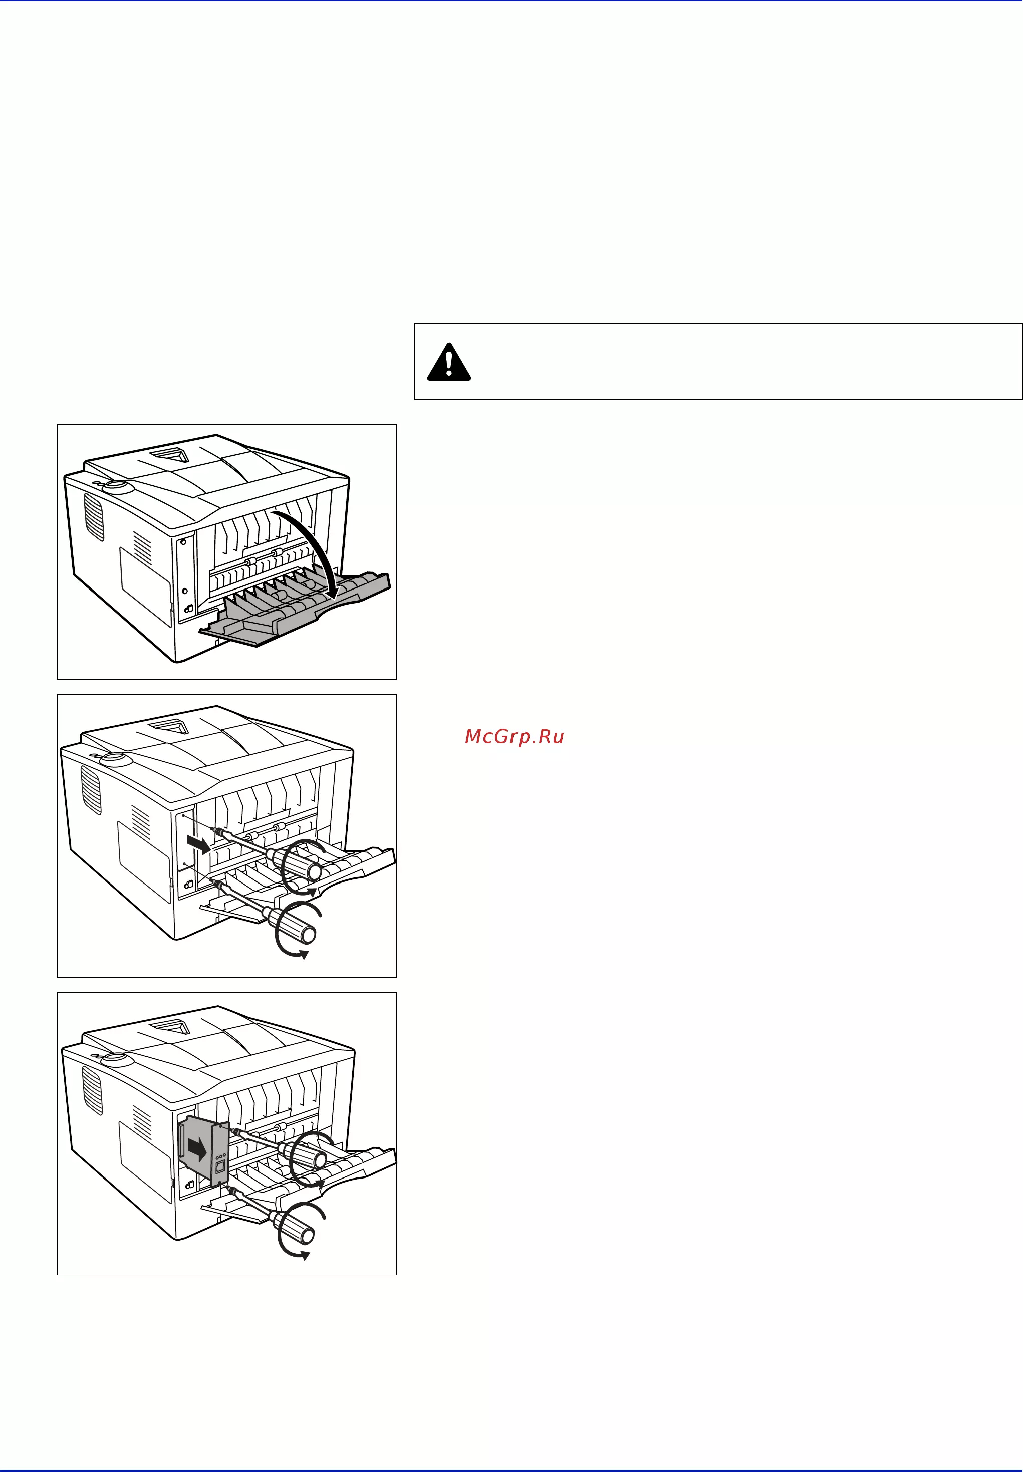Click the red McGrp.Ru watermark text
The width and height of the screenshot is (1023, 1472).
tap(514, 736)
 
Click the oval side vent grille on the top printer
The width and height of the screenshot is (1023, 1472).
tap(94, 516)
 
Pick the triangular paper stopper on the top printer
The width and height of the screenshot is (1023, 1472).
tap(170, 454)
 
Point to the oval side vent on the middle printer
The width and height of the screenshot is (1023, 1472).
tap(91, 790)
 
